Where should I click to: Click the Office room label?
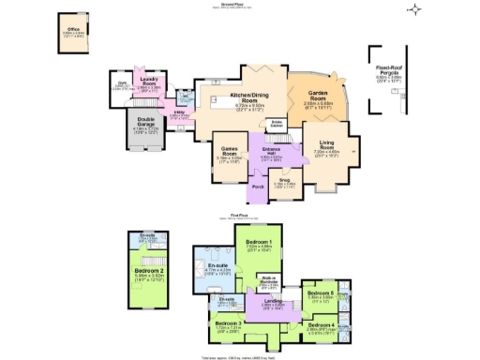click(x=72, y=31)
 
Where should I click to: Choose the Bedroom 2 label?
click(x=148, y=274)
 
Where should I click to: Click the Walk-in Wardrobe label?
click(x=268, y=281)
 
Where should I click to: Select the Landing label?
click(x=273, y=301)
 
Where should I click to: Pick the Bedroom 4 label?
click(x=323, y=325)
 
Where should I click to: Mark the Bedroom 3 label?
click(x=228, y=322)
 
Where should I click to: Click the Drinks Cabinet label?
click(x=277, y=123)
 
